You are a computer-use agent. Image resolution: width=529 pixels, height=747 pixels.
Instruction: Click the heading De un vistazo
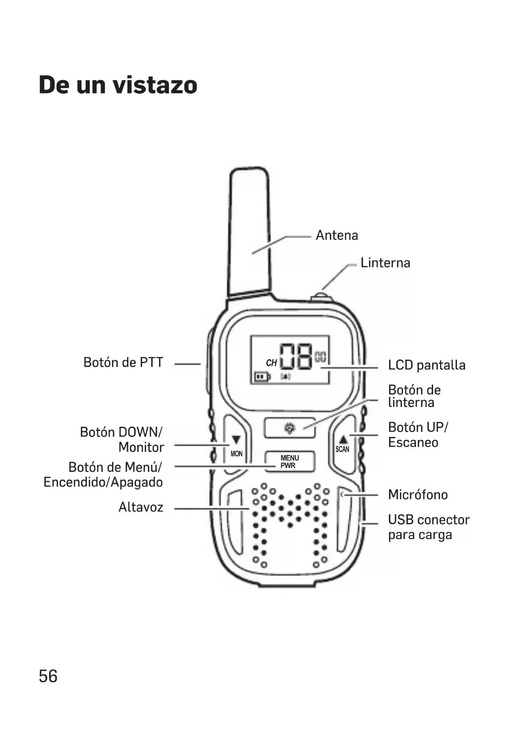pyautogui.click(x=118, y=85)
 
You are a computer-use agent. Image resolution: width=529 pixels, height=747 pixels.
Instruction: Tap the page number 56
pyautogui.click(x=48, y=676)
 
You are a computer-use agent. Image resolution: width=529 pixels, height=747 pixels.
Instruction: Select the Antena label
pyautogui.click(x=337, y=235)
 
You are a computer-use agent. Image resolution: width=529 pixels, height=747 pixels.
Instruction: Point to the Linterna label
pyautogui.click(x=385, y=263)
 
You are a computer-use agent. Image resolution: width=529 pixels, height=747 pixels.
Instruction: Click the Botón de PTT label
pyautogui.click(x=123, y=362)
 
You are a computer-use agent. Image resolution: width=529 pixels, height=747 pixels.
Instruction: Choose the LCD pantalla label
pyautogui.click(x=426, y=365)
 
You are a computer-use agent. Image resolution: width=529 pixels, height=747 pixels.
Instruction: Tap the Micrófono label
pyautogui.click(x=418, y=495)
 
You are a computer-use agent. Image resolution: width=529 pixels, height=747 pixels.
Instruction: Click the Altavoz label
pyautogui.click(x=141, y=507)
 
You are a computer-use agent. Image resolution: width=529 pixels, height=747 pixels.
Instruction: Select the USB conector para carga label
pyautogui.click(x=428, y=527)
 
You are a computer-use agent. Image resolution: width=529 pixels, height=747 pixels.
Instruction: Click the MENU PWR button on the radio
pyautogui.click(x=289, y=462)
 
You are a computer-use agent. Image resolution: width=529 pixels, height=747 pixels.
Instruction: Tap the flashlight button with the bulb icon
pyautogui.click(x=289, y=428)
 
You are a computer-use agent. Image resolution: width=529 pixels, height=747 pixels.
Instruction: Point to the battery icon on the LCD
pyautogui.click(x=262, y=377)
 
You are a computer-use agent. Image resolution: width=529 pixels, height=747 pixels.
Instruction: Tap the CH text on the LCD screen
pyautogui.click(x=271, y=363)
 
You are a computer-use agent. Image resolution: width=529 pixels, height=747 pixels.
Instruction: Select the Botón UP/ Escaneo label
pyautogui.click(x=418, y=435)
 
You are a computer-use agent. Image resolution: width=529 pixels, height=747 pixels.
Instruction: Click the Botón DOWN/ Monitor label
pyautogui.click(x=122, y=440)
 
